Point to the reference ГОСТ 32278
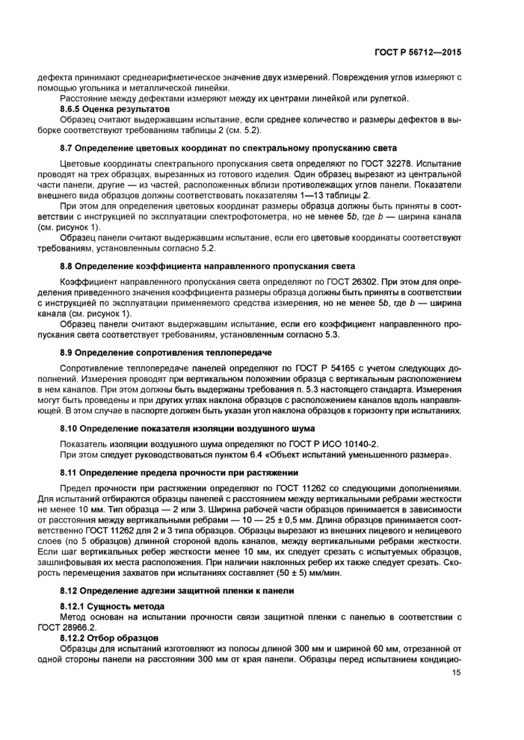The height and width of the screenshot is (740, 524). pos(399,163)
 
